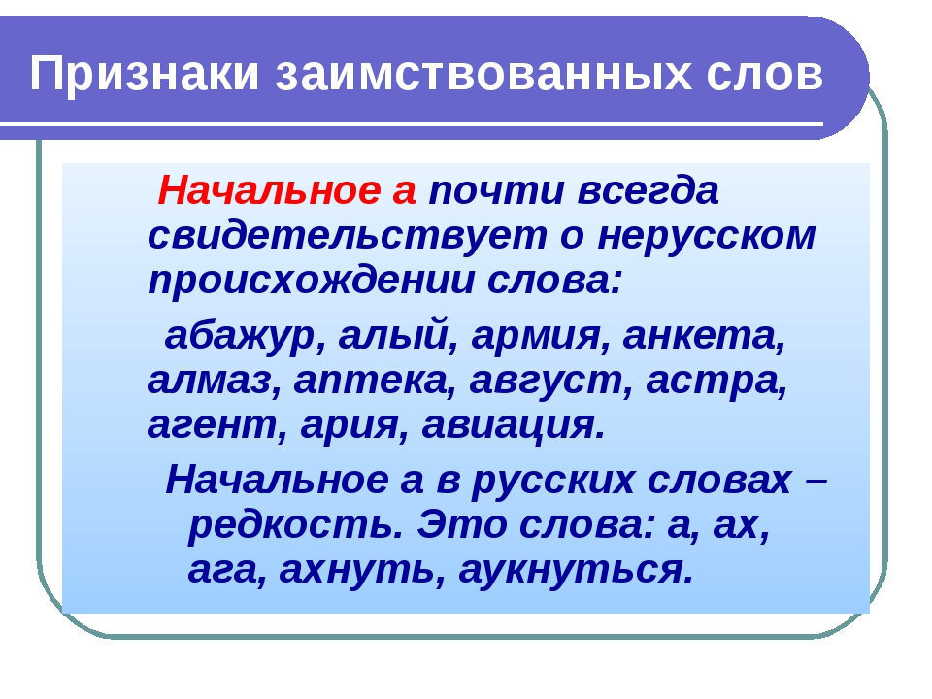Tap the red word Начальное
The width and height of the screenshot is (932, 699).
pyautogui.click(x=269, y=191)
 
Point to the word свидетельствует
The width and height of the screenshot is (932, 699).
pyautogui.click(x=348, y=236)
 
